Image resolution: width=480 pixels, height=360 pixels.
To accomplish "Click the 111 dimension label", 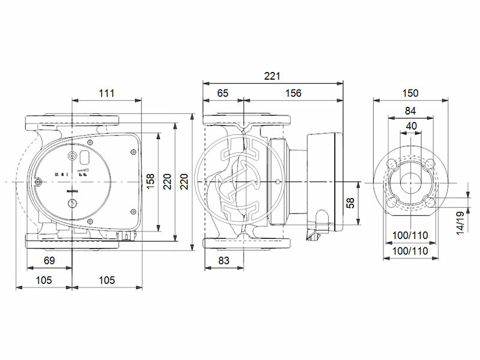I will coord(106,93).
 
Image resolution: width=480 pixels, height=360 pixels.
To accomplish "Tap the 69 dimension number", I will coord(50,261).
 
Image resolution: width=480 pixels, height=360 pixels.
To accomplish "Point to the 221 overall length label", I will coord(274,76).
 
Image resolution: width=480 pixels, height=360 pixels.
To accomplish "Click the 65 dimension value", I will coord(223,93).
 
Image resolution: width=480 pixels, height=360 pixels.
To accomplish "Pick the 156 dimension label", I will coord(293,93).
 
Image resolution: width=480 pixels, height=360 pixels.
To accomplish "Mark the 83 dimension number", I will coord(223,261).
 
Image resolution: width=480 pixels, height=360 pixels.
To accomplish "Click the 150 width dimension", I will coord(410,93).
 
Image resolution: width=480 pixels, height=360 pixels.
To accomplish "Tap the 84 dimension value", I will coord(410,110).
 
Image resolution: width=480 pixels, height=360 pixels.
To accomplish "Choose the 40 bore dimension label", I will coord(410,125).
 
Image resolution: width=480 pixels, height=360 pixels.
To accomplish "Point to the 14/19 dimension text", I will coord(460,221).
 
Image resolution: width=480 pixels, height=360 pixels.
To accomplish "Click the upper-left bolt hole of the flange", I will coord(391,163).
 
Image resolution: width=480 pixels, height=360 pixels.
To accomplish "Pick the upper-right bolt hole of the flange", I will coord(430,163).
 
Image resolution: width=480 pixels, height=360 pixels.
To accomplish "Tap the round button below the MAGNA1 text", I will coord(73,204).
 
